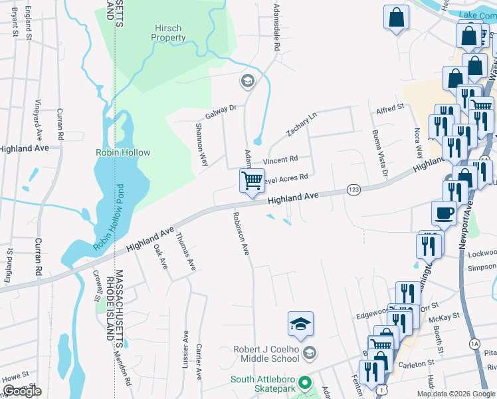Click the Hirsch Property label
(x=169, y=33)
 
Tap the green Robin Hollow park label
(x=123, y=152)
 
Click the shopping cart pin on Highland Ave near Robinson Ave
(x=252, y=182)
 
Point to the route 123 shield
(x=353, y=190)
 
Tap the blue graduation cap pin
(x=300, y=325)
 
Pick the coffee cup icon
(x=444, y=213)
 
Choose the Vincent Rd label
(x=280, y=160)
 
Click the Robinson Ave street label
(x=241, y=233)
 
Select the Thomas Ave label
(x=185, y=251)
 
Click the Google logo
(x=22, y=391)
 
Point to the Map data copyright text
(x=456, y=394)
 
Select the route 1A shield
(x=474, y=343)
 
